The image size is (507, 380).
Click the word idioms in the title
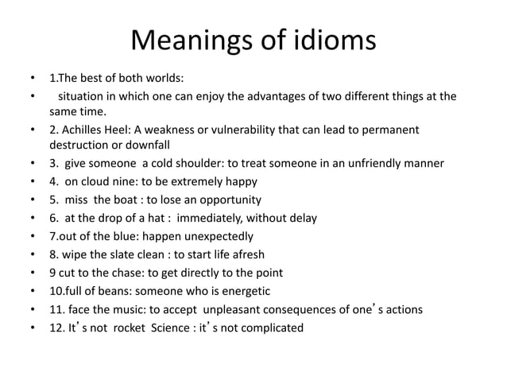[x=321, y=42]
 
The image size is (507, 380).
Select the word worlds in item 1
[x=165, y=79]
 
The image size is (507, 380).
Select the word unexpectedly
[x=215, y=236]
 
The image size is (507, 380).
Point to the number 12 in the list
[x=56, y=327]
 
